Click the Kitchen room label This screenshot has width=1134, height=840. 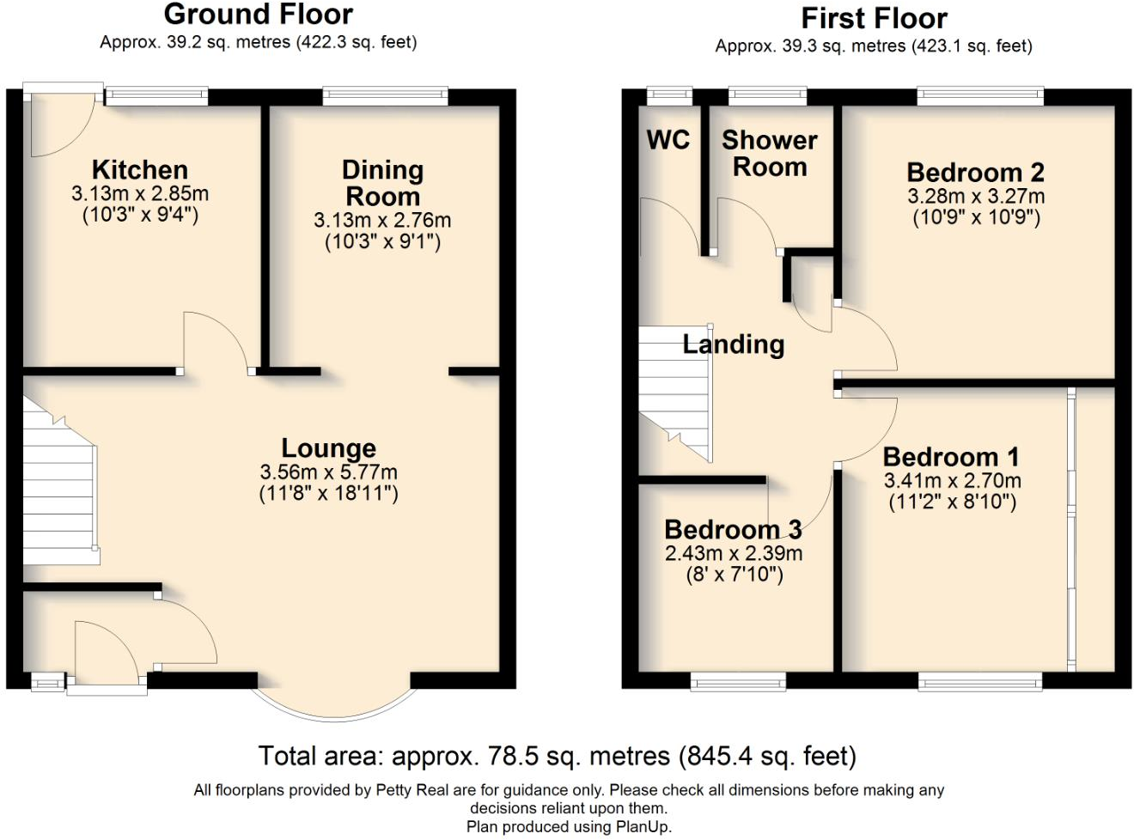pos(139,169)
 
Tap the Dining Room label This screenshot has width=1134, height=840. pos(382,183)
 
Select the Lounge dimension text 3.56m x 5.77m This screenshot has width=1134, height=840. pos(328,472)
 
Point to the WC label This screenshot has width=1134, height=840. pos(668,139)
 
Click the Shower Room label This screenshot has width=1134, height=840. pos(769,153)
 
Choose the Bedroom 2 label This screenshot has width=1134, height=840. pos(975,172)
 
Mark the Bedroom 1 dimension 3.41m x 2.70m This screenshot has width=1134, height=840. pos(952,481)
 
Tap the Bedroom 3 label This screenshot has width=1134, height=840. pos(733,529)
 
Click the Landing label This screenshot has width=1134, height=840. pos(733,344)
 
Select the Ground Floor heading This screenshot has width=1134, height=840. pos(258,15)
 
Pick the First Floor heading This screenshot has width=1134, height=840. pos(874,18)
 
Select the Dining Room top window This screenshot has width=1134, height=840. pos(385,96)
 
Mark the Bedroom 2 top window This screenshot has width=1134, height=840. pos(980,96)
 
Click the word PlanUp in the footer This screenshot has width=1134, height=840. pos(643,827)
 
